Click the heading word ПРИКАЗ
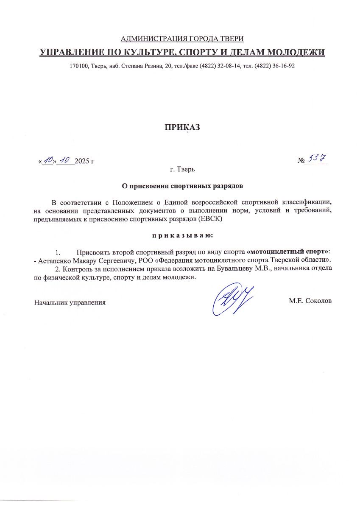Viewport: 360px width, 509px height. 182,128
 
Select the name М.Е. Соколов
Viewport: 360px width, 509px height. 310,301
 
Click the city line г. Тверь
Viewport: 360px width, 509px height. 182,170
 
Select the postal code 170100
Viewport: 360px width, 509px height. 78,67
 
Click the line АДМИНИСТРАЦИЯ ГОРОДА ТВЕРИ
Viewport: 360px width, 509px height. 182,39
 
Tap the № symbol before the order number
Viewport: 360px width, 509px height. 301,161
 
